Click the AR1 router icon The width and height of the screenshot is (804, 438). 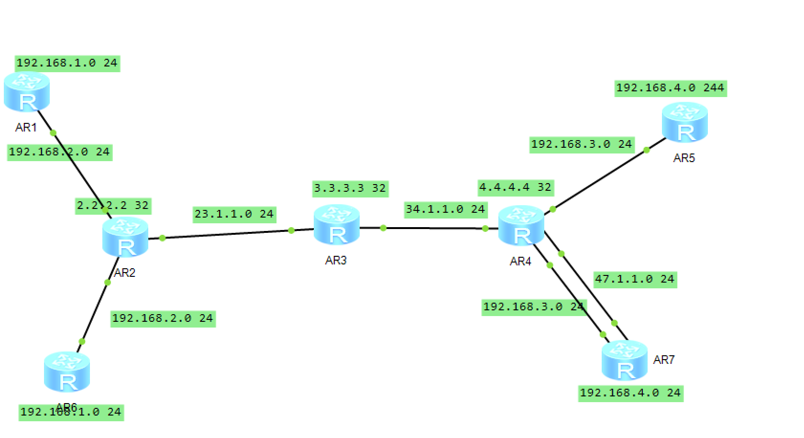27,91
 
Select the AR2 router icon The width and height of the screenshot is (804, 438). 125,237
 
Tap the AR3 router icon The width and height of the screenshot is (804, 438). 337,225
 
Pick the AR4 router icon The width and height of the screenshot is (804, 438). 521,226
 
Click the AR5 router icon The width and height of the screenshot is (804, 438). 684,122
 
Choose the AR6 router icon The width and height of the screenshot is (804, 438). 67,372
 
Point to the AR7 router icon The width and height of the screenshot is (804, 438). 624,360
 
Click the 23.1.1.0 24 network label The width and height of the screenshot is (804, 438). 234,214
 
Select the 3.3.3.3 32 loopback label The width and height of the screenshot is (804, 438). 350,188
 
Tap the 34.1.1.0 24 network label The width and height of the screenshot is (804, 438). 445,209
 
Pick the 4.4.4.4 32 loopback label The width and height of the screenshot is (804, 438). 516,187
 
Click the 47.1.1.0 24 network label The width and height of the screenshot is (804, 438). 635,279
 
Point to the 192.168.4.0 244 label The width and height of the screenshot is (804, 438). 670,88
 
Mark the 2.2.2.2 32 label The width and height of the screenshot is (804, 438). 113,206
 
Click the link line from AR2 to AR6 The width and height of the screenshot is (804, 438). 95,312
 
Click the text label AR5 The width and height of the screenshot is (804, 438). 684,158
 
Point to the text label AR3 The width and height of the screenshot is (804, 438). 336,261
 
